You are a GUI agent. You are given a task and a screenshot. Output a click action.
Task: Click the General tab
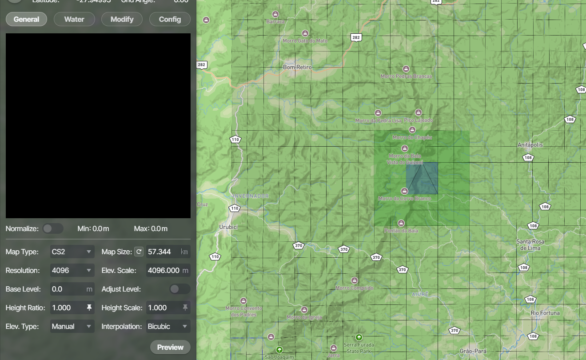coord(26,19)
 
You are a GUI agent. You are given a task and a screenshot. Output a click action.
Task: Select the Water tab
coord(74,19)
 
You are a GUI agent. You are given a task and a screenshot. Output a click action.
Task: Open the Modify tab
coord(122,19)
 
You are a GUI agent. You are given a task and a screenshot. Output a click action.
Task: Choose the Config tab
coord(170,19)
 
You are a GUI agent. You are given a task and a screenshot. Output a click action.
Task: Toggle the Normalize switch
coord(53,228)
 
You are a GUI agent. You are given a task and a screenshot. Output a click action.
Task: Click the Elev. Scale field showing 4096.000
coord(163,270)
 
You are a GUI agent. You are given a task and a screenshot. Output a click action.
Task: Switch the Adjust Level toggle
coord(179,289)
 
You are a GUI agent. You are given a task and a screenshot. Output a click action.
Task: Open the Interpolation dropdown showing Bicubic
coord(168,326)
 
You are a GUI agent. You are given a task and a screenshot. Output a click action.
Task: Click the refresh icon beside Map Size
coord(139,252)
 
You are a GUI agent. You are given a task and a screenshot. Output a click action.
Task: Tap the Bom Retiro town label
coord(297,67)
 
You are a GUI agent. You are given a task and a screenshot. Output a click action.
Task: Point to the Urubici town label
coord(229,227)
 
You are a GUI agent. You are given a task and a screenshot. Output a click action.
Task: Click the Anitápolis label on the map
coord(530,145)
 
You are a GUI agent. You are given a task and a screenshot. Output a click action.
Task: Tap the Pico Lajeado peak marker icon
coord(418,112)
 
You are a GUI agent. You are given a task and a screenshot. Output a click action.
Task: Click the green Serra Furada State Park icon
coord(359,337)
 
